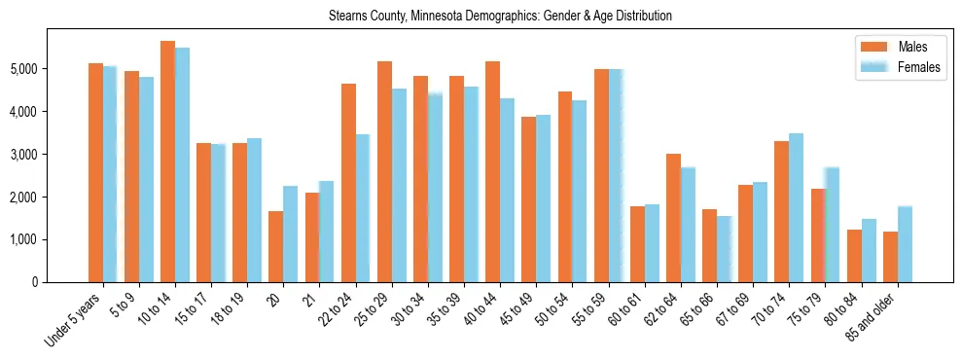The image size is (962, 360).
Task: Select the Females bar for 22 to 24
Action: click(362, 208)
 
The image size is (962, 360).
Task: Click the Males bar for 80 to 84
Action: click(853, 256)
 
